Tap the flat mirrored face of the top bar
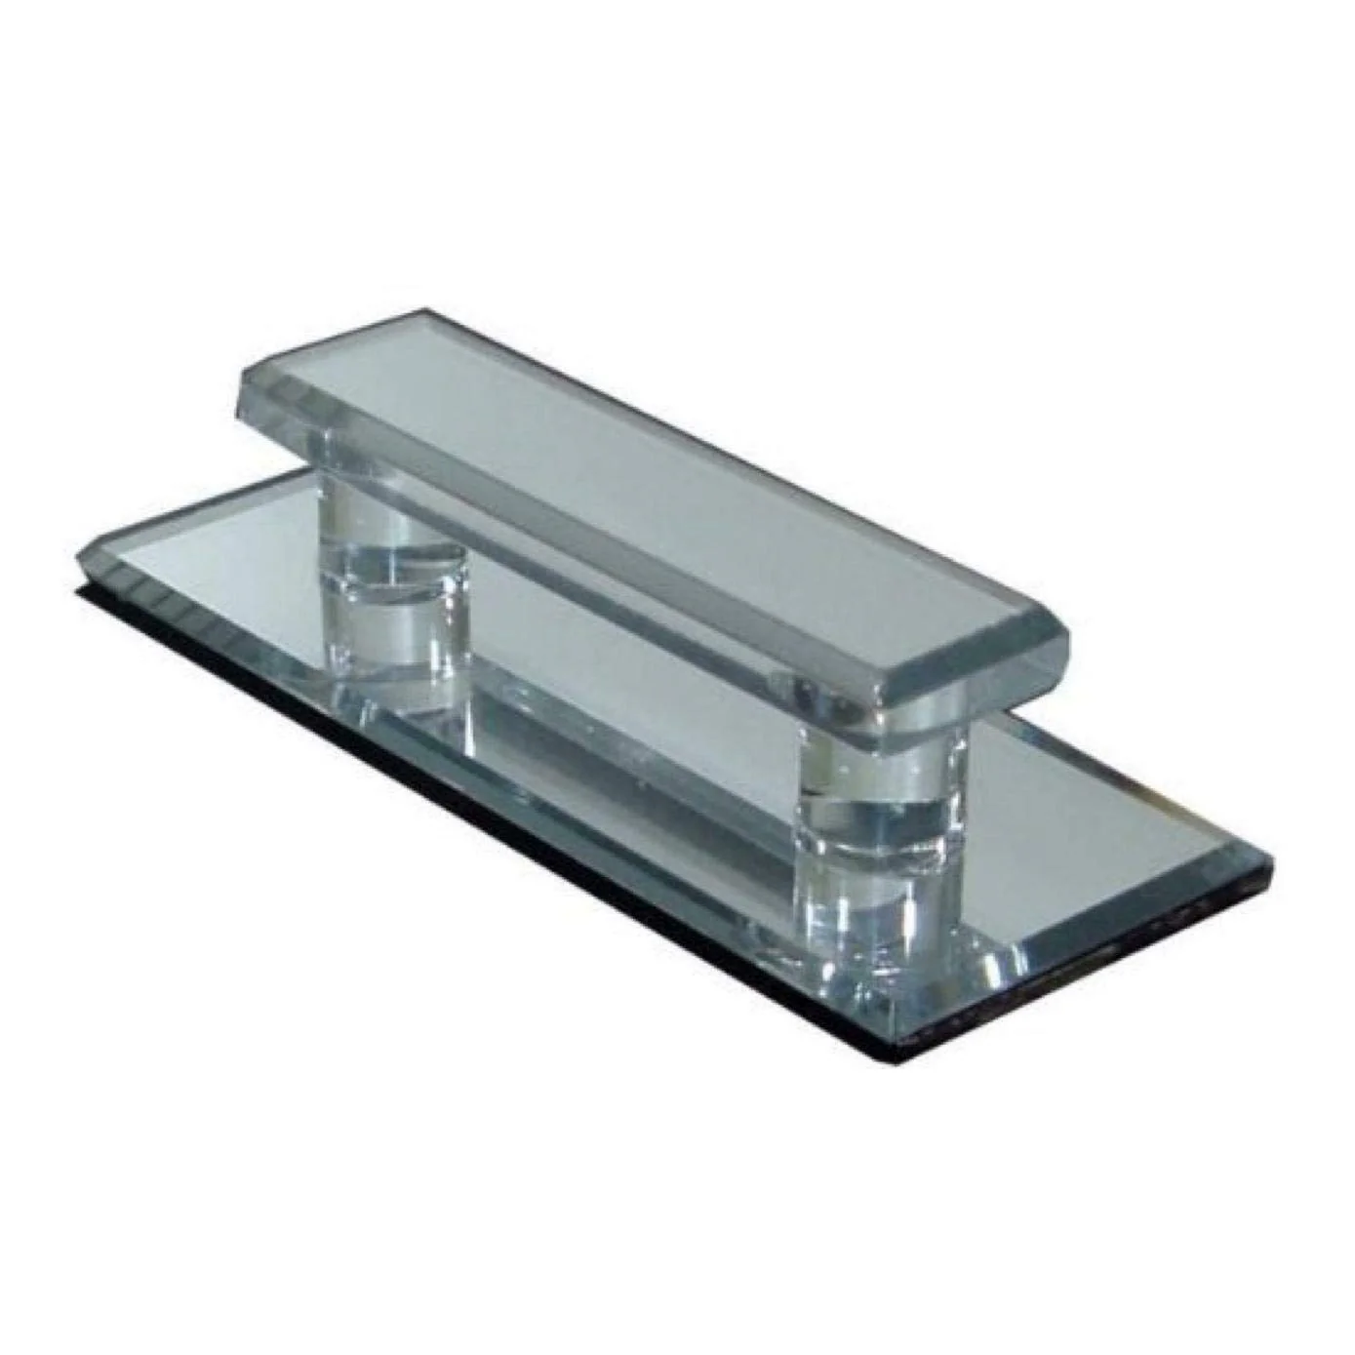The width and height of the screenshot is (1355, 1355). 663,488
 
